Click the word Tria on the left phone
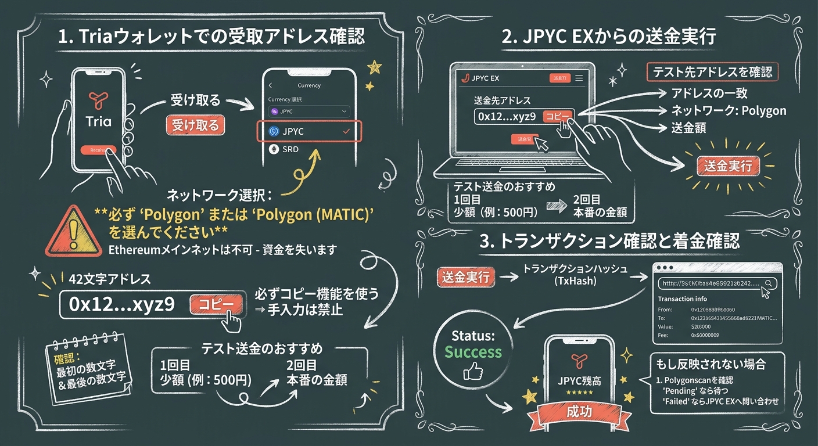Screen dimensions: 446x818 (x=98, y=122)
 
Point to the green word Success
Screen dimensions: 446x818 (x=473, y=352)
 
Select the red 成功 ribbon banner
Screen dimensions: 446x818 (x=579, y=412)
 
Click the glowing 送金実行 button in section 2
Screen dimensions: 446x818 (x=728, y=166)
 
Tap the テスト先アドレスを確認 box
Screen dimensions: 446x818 (x=712, y=73)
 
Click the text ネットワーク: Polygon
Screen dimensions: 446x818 (x=729, y=110)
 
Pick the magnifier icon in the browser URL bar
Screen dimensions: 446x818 (x=769, y=283)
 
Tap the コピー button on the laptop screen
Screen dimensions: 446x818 (x=557, y=116)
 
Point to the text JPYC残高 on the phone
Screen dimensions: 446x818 (x=578, y=382)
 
